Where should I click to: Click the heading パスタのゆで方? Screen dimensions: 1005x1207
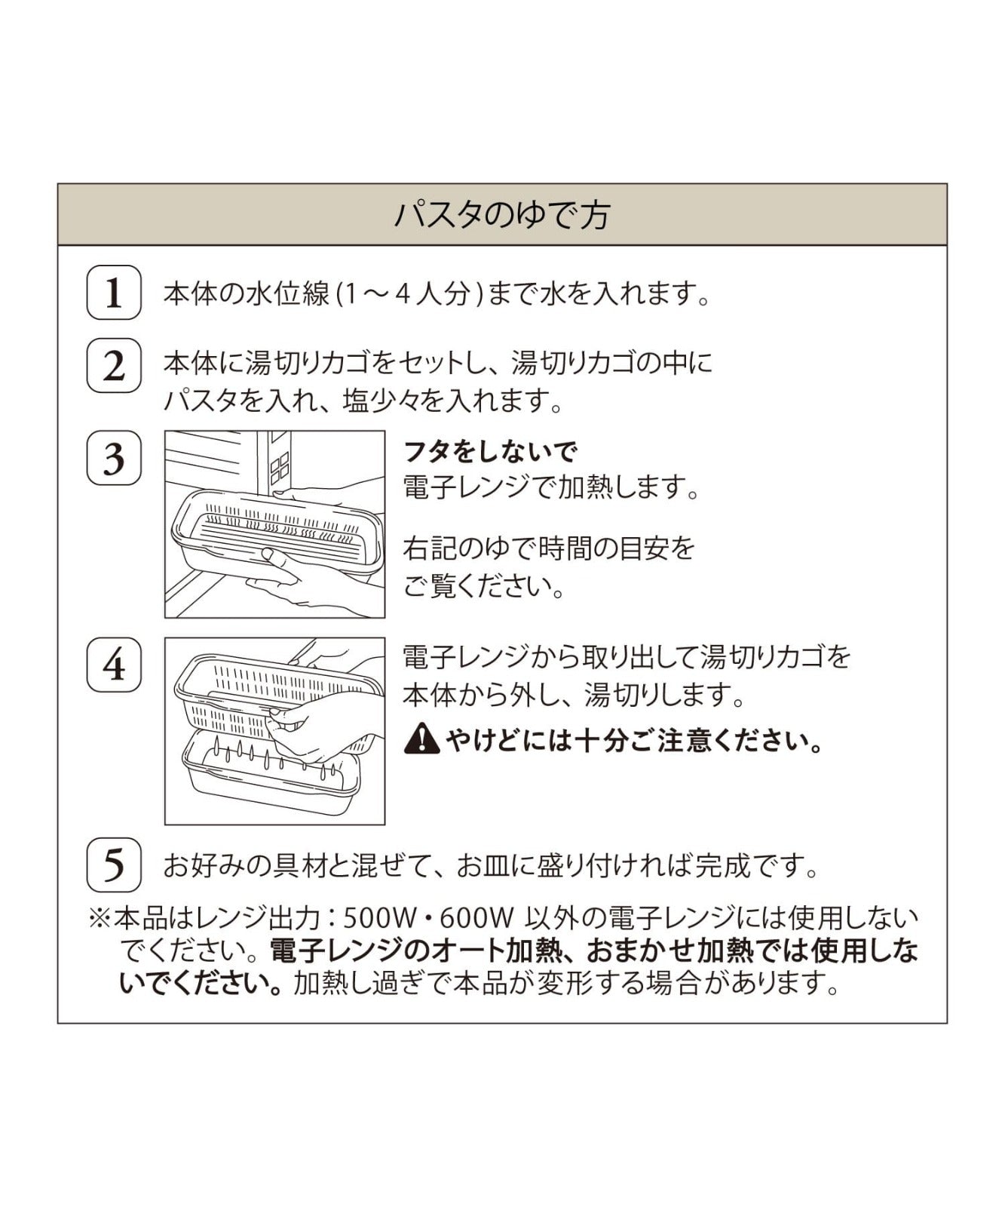[502, 215]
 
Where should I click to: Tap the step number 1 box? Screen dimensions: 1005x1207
[114, 293]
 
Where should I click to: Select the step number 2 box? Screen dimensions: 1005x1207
[114, 366]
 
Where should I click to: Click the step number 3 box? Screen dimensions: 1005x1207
[114, 458]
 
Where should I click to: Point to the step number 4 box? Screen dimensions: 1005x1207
[114, 665]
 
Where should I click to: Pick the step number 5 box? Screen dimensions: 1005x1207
[114, 865]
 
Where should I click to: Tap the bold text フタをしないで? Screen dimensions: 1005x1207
[491, 452]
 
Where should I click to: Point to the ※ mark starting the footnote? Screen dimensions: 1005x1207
[100, 919]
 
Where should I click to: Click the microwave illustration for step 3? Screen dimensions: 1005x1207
[274, 524]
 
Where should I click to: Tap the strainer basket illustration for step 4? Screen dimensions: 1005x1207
[274, 731]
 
